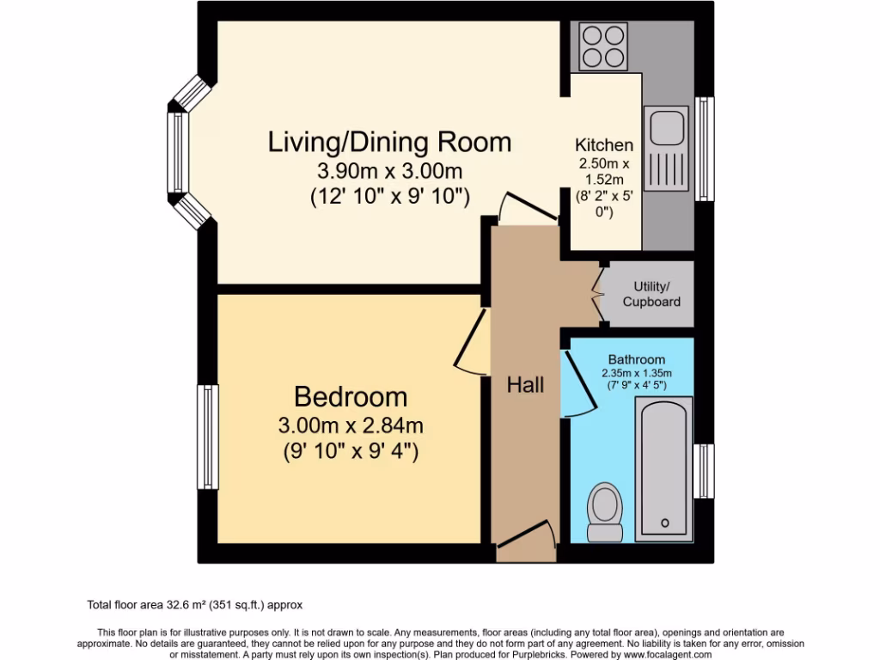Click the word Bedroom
pos(351,397)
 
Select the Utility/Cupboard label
pos(651,294)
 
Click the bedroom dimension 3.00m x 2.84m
pos(351,425)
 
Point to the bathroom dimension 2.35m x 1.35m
pos(637,373)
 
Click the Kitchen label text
pos(604,145)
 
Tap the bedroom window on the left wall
pos(207,437)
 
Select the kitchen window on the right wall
pos(704,149)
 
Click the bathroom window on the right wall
pos(703,471)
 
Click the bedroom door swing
pos(468,344)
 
